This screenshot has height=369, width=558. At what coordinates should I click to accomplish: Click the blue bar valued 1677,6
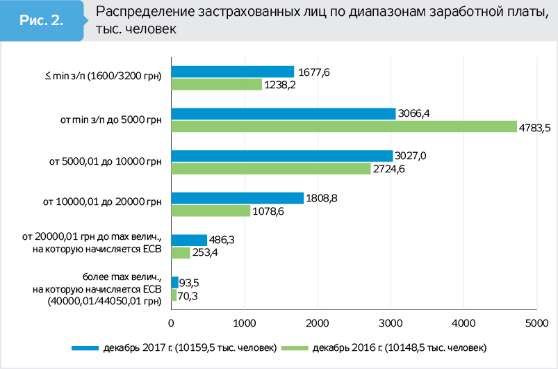tap(233, 72)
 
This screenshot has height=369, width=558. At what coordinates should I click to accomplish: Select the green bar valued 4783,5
tap(344, 126)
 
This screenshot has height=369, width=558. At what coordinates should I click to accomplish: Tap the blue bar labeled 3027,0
tap(281, 156)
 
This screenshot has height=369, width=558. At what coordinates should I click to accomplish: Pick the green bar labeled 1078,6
tap(211, 210)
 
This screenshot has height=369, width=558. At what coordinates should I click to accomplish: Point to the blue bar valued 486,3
tap(189, 240)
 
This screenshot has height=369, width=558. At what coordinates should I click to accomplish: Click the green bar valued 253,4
tap(180, 252)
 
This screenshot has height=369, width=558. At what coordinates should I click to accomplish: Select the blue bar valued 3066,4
tap(283, 113)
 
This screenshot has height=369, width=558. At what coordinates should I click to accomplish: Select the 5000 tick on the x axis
tap(536, 322)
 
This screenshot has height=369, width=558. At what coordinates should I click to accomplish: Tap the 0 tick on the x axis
tap(171, 322)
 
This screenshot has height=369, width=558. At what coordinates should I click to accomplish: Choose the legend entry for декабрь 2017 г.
tap(174, 347)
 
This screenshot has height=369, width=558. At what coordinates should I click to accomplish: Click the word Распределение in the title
tap(135, 13)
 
